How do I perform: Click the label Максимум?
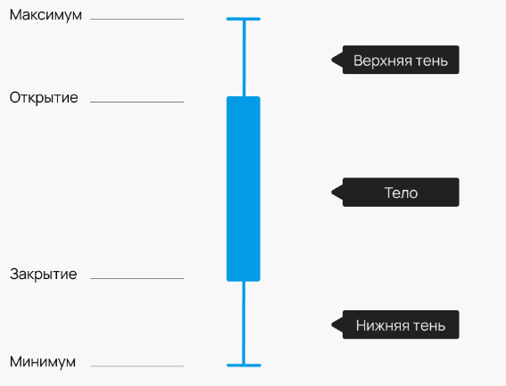tap(46, 15)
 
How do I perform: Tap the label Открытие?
tap(44, 98)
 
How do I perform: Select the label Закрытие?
tap(43, 275)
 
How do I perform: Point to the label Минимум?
tap(43, 362)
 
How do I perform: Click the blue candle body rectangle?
tap(244, 189)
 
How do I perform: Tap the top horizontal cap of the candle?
tap(244, 19)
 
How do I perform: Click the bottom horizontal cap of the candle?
tap(244, 365)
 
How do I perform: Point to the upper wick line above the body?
tap(244, 58)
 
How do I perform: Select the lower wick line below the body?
tap(244, 323)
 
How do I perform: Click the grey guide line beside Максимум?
tap(137, 19)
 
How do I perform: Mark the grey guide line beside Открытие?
tap(137, 102)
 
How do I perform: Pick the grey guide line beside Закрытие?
tap(137, 278)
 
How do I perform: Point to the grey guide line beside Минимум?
tap(137, 366)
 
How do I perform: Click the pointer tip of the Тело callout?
tap(331, 193)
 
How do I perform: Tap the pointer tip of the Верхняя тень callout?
tap(331, 60)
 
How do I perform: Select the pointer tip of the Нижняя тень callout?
tap(331, 324)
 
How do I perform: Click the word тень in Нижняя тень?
tap(429, 325)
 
